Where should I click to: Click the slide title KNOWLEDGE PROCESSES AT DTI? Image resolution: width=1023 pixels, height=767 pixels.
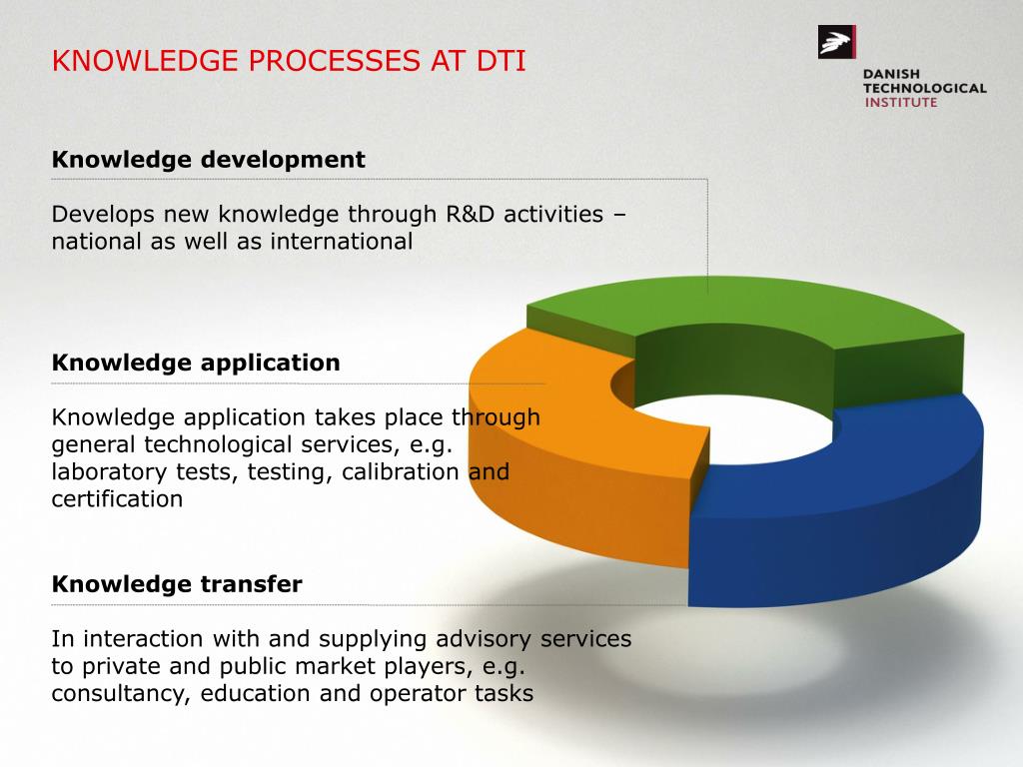tap(289, 61)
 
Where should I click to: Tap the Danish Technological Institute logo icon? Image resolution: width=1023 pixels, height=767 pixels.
tap(836, 42)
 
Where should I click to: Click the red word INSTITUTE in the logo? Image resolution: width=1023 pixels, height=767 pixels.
tap(900, 102)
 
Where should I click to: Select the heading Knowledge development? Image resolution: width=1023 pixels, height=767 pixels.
tap(208, 160)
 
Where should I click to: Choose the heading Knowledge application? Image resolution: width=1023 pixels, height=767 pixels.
tap(196, 363)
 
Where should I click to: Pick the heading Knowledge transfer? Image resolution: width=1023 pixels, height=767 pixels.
tap(177, 584)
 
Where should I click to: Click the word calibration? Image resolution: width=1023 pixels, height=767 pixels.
tap(401, 471)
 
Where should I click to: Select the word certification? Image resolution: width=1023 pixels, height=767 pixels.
tap(117, 498)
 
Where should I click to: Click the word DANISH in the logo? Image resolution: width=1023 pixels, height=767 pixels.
tap(892, 74)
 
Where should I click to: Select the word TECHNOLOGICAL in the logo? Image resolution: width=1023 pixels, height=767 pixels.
tap(925, 88)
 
